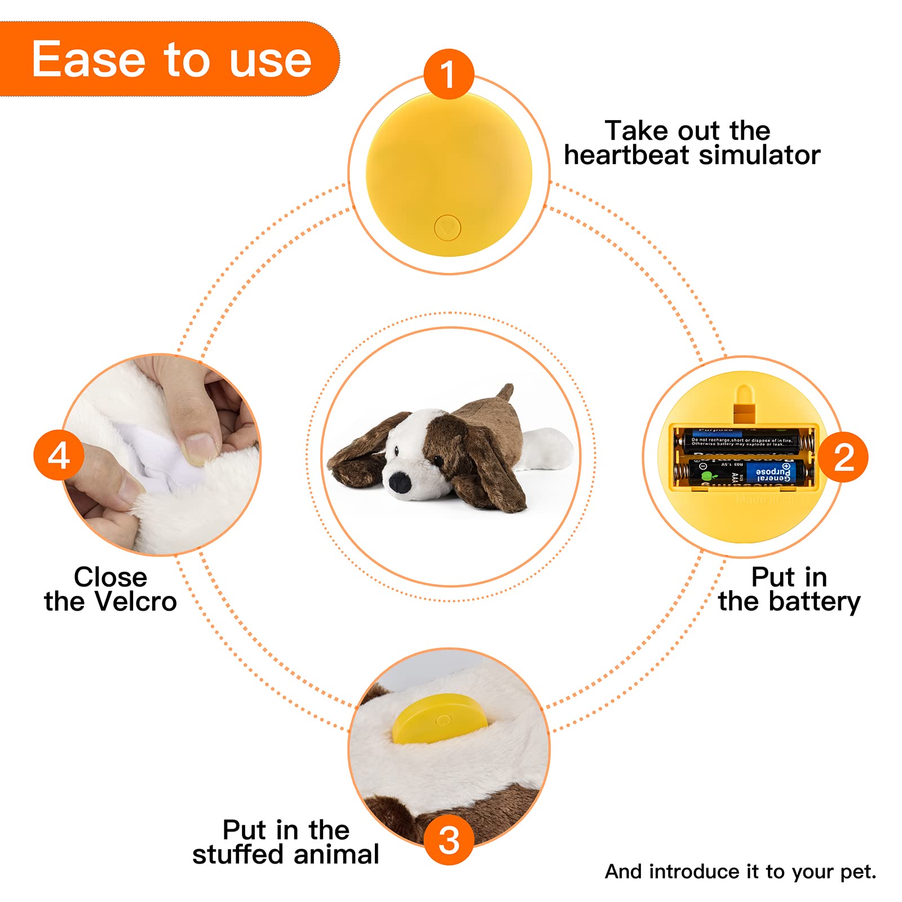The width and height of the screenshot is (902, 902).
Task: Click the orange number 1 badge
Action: point(448,74)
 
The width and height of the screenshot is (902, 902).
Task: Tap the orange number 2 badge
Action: point(843,457)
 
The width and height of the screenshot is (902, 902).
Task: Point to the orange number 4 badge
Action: point(59,456)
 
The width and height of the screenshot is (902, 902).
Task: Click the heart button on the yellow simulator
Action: point(448,228)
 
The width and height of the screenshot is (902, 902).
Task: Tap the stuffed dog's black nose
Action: point(400,481)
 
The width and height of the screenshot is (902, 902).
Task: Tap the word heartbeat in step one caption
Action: point(626,155)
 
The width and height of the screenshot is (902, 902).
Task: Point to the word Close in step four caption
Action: point(110,577)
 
